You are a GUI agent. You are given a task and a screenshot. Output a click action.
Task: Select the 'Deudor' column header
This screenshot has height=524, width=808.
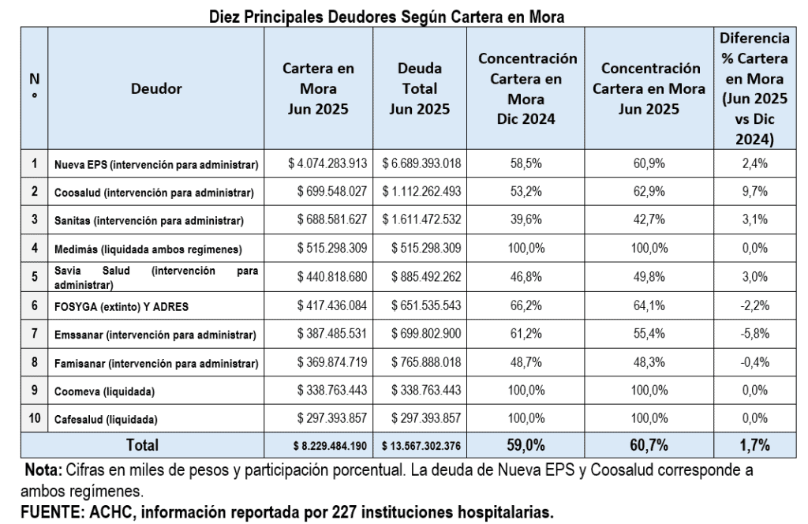tap(156, 89)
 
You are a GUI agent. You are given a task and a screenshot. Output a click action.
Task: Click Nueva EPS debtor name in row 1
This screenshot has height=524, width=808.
tap(155, 165)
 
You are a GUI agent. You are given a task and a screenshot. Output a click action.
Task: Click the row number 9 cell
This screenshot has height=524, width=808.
tap(35, 390)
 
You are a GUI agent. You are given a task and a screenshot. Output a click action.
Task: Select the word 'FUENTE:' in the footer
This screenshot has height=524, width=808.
tap(49, 511)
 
